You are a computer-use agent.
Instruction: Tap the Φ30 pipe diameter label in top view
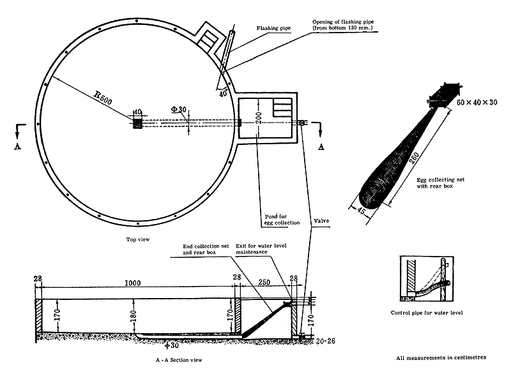[x=179, y=110]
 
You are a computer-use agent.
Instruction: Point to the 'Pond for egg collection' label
[x=281, y=220]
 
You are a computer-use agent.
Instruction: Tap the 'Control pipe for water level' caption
[x=426, y=313]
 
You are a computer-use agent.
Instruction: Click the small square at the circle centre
[x=137, y=123]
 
